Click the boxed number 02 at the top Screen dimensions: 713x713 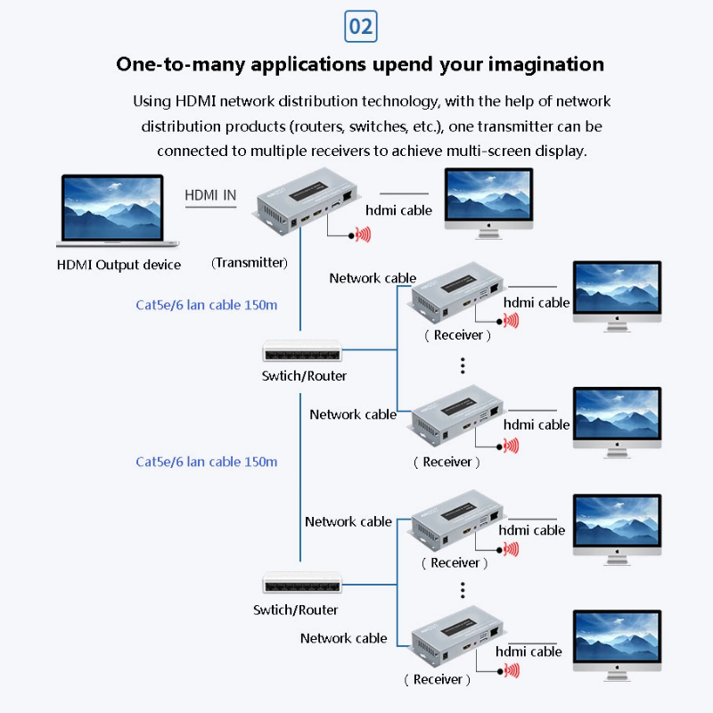click(360, 27)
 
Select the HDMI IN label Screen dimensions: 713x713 click(210, 195)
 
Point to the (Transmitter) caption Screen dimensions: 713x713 click(250, 263)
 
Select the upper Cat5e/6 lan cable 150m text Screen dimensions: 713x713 click(207, 305)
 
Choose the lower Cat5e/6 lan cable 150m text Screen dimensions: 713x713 click(207, 462)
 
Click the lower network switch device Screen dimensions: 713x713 click(301, 585)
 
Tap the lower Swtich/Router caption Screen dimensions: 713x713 click(296, 611)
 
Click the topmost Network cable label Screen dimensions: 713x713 click(373, 278)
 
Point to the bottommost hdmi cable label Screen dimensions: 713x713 click(529, 652)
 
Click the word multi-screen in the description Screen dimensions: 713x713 click(512, 151)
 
